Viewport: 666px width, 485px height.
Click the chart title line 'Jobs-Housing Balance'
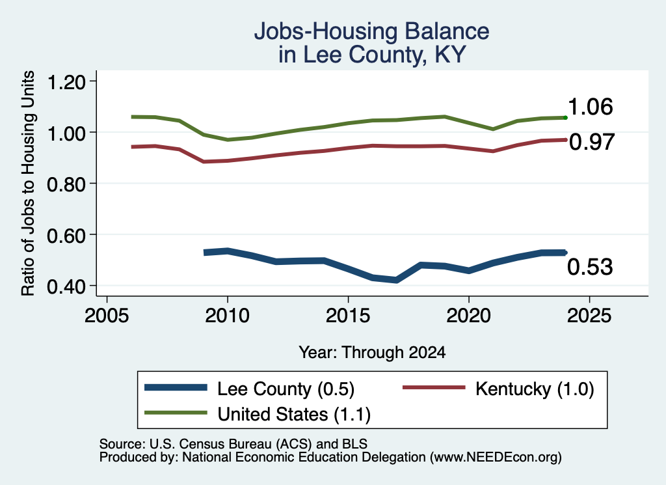(x=371, y=31)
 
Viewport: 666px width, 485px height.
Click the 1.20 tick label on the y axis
(x=66, y=81)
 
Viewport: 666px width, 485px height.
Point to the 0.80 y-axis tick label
(x=66, y=184)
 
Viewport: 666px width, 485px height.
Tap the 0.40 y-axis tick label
(x=66, y=286)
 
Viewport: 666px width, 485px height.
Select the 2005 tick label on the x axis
(x=107, y=315)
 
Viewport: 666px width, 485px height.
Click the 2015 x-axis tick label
(x=348, y=315)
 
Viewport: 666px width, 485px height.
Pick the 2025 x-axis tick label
(x=589, y=315)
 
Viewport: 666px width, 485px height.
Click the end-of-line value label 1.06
(x=591, y=106)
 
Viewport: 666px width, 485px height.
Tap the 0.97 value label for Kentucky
(x=592, y=141)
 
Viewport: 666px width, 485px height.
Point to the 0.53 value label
(x=590, y=266)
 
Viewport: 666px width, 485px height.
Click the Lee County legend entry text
(x=286, y=389)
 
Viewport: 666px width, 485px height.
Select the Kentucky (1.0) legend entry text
(x=535, y=389)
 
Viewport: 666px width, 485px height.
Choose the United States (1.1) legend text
(x=294, y=414)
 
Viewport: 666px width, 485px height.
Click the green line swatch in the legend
(x=176, y=413)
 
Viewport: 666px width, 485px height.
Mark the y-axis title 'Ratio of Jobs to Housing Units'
(x=28, y=183)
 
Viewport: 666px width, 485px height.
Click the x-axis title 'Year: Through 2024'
(x=372, y=352)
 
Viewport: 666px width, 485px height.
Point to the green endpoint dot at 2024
(x=565, y=117)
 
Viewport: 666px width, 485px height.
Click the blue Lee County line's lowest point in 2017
(x=396, y=280)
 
